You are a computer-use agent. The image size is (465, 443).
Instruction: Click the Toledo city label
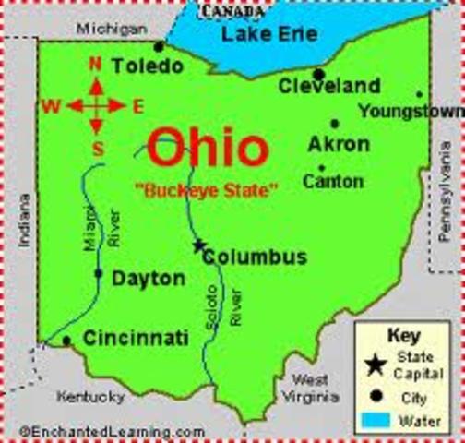point(148,66)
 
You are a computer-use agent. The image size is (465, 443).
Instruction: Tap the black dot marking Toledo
point(159,45)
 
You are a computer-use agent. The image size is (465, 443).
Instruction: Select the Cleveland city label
point(329,87)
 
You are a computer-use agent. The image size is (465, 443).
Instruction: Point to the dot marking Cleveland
point(318,74)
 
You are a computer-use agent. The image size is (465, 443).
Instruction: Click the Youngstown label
point(411,112)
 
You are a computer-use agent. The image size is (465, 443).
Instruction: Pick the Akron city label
point(339,145)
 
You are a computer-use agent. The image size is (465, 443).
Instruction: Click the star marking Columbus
point(198,245)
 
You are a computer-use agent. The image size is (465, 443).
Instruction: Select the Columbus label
point(255,257)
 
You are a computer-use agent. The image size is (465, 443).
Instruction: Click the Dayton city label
point(149,278)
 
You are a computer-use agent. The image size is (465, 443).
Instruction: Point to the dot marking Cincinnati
point(66,341)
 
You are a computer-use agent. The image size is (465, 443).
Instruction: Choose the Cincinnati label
point(136,339)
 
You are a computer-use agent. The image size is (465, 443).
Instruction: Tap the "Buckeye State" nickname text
point(205,191)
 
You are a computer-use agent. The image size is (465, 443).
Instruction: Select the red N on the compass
point(94,65)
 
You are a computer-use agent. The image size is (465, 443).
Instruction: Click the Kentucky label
point(90,398)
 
